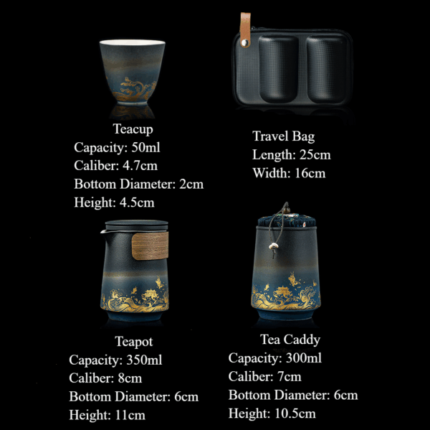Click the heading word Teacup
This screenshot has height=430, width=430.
[x=133, y=129]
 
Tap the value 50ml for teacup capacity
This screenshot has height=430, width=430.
[x=145, y=147]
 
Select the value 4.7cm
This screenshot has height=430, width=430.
[x=140, y=166]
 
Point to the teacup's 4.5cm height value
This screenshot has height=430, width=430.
[x=137, y=202]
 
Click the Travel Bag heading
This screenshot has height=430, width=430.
[x=283, y=136]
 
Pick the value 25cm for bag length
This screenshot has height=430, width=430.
[x=315, y=154]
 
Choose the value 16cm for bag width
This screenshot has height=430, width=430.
[x=310, y=173]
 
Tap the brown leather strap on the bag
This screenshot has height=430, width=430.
[x=245, y=29]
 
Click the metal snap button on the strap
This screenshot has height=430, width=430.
[x=244, y=42]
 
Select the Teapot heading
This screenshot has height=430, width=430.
[x=134, y=342]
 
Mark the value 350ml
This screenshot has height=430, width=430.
[x=144, y=360]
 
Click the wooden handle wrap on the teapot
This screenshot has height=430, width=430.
[x=150, y=246]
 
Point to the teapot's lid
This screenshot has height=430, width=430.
[x=137, y=225]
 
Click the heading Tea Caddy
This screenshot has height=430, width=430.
[x=290, y=340]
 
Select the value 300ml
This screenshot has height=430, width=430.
[x=304, y=358]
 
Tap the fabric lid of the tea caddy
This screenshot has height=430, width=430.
[x=286, y=221]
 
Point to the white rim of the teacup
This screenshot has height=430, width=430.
[x=133, y=42]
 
